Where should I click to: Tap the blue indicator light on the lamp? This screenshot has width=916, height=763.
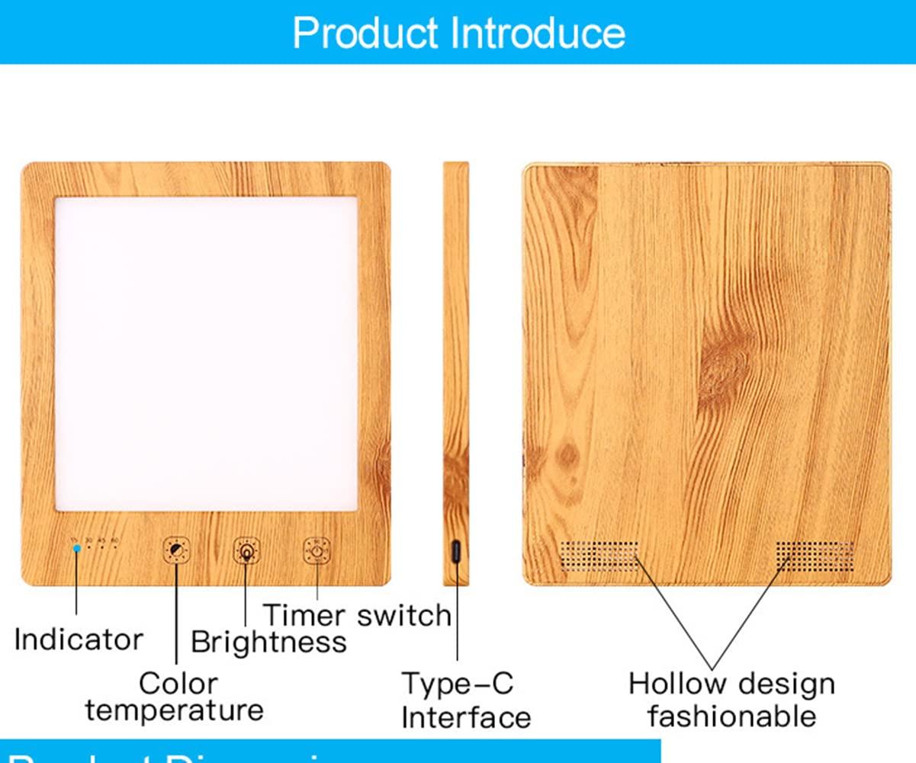76,548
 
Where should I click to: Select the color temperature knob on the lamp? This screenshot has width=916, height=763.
176,550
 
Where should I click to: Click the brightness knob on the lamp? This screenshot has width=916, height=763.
246,550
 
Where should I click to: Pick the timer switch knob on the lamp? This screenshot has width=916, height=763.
317,550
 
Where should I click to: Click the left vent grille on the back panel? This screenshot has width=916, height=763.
599,556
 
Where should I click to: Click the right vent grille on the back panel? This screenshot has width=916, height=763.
815,556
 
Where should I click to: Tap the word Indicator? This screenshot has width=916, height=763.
79,639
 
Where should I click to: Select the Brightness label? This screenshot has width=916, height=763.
268,642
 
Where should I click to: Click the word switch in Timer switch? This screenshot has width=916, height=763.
404,614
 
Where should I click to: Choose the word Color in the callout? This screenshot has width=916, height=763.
178,683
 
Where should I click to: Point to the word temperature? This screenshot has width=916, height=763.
175,710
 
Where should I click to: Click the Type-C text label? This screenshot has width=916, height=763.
458,684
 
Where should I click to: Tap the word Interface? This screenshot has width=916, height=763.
466,717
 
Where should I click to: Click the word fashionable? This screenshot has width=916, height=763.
732,716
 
